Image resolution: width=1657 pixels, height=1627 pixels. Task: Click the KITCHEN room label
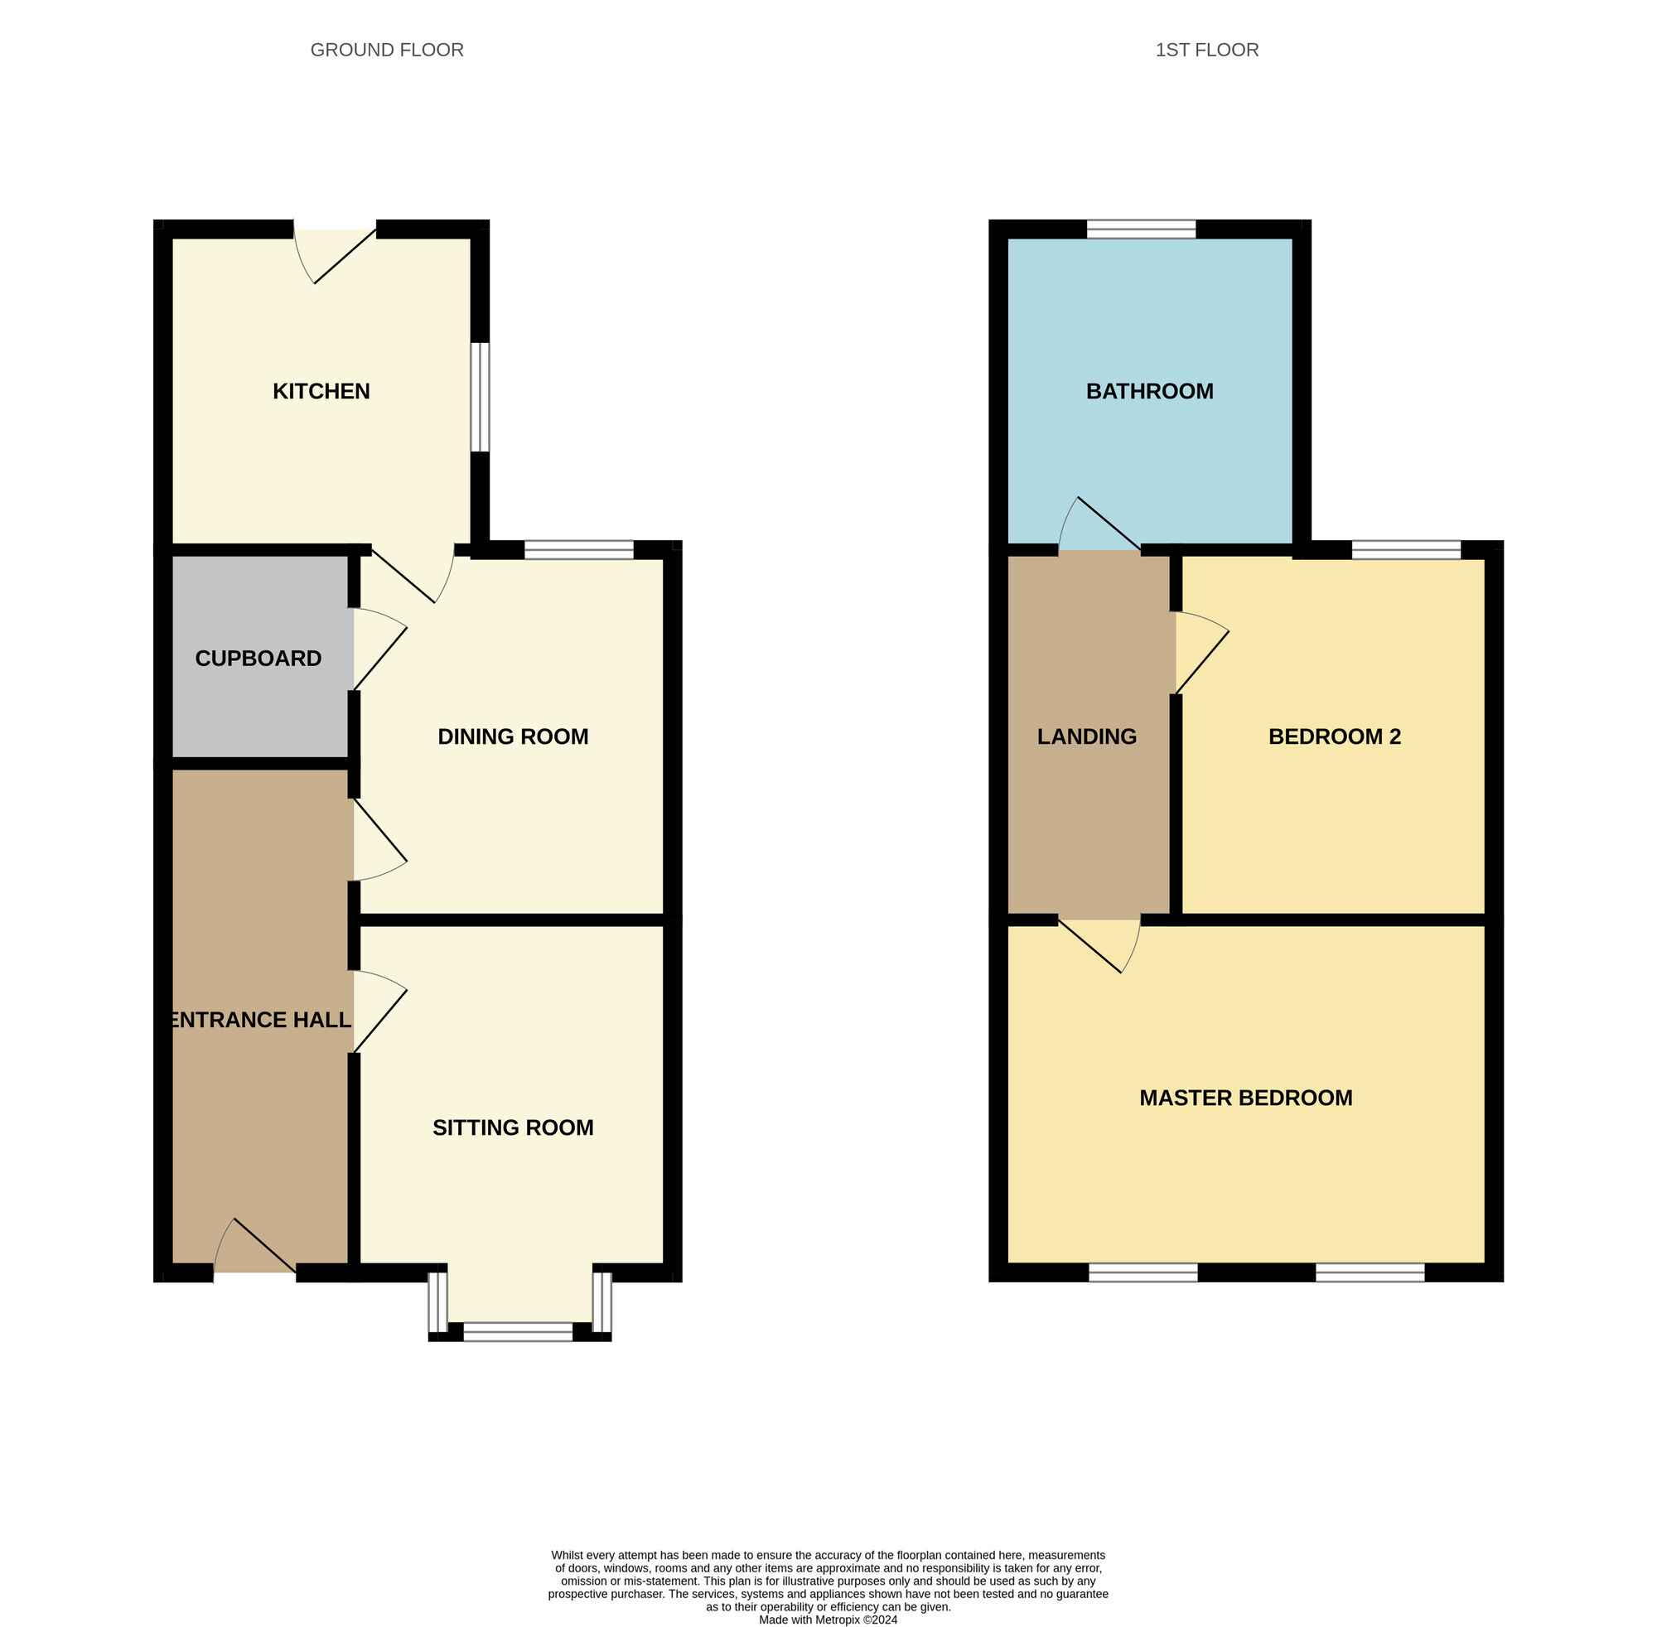tap(321, 391)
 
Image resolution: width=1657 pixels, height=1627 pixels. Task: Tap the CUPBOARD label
tap(258, 658)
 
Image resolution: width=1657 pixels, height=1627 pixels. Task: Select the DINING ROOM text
tap(513, 736)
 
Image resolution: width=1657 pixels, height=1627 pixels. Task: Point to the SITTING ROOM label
tap(513, 1128)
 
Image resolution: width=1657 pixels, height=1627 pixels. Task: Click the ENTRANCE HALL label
tap(261, 1020)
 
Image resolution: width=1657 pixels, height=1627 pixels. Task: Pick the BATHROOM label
tap(1149, 391)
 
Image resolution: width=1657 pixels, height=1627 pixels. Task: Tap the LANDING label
tap(1086, 736)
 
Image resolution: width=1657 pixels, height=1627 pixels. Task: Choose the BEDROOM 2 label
tap(1334, 736)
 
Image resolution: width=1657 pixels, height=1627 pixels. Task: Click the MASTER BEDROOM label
tap(1245, 1098)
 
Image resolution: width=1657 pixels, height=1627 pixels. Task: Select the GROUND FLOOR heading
tap(386, 51)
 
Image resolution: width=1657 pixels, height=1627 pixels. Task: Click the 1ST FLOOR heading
tap(1205, 51)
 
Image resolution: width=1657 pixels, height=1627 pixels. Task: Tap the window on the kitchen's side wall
tap(481, 398)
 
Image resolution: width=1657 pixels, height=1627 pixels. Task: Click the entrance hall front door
tap(254, 1250)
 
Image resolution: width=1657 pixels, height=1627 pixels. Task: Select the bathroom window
tap(1141, 229)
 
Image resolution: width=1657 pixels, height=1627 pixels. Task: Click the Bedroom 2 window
tap(1406, 549)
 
